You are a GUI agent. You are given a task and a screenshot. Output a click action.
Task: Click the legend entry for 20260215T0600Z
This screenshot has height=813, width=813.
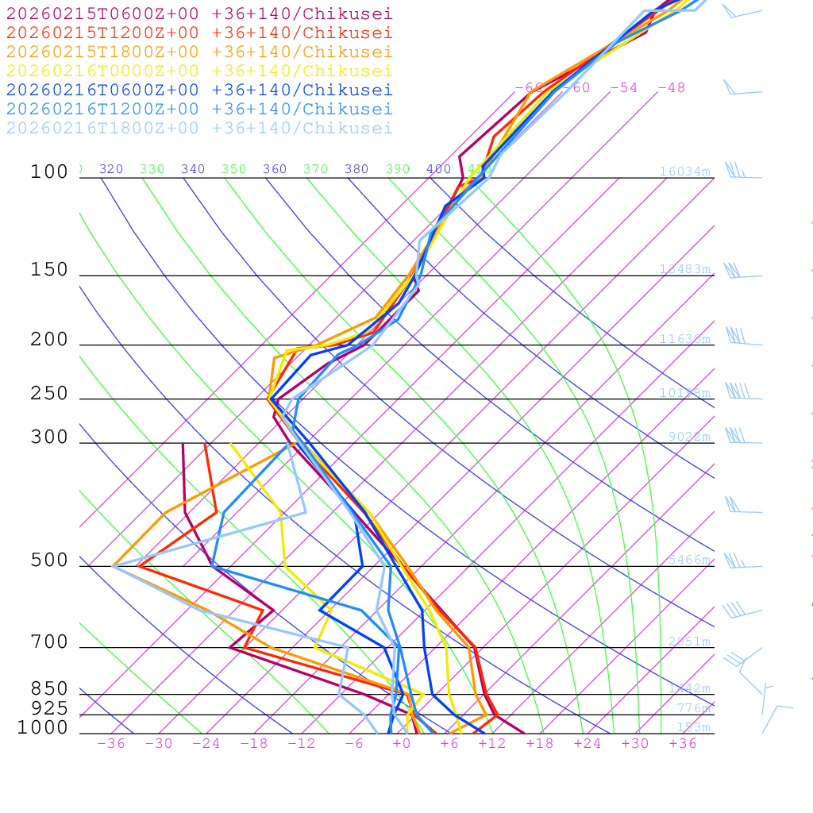(198, 13)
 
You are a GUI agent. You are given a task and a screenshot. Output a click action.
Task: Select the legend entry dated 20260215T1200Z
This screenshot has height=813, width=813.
(198, 33)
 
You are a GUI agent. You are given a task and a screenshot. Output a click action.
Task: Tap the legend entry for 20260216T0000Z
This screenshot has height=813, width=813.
(198, 71)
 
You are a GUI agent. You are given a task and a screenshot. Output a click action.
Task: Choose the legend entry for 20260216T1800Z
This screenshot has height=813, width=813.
(198, 128)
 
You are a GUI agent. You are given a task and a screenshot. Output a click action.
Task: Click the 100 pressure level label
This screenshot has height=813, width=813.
(49, 171)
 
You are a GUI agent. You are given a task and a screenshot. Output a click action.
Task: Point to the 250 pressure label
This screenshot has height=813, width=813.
(49, 394)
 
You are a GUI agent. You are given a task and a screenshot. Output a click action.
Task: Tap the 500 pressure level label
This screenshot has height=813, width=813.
(49, 561)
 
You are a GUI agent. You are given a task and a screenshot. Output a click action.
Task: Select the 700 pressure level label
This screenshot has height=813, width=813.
(49, 642)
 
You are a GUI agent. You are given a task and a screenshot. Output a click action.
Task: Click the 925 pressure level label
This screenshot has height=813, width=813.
(49, 707)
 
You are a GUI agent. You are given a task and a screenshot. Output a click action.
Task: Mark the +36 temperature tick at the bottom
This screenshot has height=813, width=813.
(683, 743)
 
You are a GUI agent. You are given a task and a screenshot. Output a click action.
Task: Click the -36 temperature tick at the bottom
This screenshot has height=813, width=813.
(110, 743)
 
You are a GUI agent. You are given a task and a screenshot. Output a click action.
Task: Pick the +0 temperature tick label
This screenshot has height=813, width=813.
(402, 743)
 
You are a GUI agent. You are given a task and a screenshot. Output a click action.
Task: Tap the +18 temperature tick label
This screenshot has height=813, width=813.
(540, 743)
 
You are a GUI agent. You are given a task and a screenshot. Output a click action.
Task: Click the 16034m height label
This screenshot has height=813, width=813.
(684, 171)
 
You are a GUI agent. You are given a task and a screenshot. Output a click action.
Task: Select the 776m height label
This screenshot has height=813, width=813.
(693, 708)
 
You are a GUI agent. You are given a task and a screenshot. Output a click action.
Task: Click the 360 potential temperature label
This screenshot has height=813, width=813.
(275, 169)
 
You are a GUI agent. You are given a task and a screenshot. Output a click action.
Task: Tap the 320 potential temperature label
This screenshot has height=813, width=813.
(111, 169)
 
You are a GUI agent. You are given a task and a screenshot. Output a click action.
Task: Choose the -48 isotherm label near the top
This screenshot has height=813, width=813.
(671, 87)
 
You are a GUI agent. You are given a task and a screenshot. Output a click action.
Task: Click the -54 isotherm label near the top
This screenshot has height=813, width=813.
(623, 87)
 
